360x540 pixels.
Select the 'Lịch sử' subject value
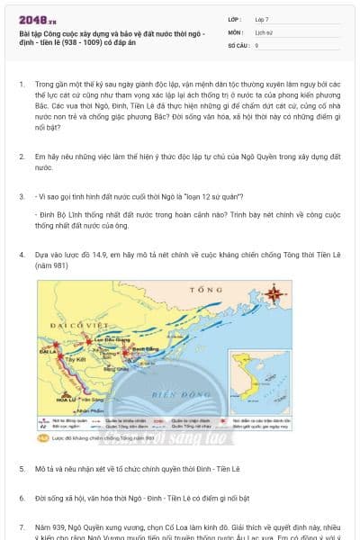(x=265, y=31)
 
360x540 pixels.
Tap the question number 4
(x=21, y=255)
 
